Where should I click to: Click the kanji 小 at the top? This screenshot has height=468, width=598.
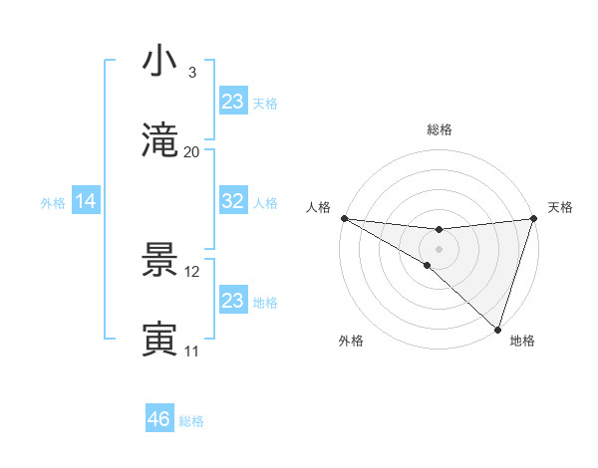[x=160, y=62]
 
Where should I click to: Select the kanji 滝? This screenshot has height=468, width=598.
[x=160, y=141]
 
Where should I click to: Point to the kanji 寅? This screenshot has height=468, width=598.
[x=160, y=340]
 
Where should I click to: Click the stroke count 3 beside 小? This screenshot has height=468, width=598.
[x=192, y=73]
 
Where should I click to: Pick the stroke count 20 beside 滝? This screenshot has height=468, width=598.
[x=192, y=152]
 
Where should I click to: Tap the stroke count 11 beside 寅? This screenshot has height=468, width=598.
[x=192, y=351]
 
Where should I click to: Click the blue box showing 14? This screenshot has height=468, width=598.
[x=86, y=201]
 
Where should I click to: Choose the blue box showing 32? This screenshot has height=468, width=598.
[x=233, y=201]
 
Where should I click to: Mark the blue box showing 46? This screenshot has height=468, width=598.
[x=159, y=419]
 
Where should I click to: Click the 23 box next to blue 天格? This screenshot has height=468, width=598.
[x=233, y=102]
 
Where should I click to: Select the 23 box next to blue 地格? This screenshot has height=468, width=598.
[x=233, y=301]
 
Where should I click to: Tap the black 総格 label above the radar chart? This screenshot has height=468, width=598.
[x=440, y=129]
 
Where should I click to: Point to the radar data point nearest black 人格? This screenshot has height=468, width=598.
[x=344, y=218]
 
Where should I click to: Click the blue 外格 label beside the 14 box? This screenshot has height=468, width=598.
[x=53, y=203]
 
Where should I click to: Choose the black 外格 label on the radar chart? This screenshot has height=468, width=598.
[x=351, y=342]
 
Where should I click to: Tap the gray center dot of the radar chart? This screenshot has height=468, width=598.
[x=439, y=248]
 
